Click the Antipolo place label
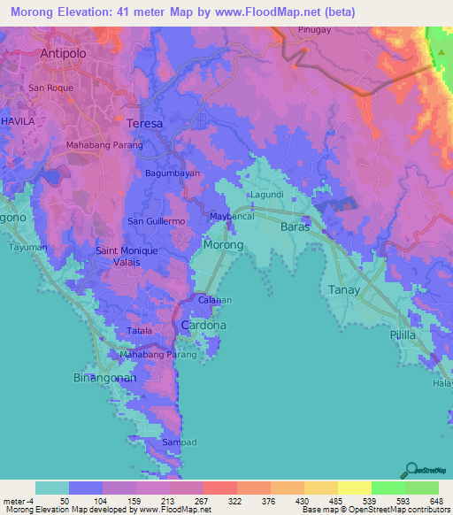65,53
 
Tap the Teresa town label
145,123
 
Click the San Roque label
49,88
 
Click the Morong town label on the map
223,244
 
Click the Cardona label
203,326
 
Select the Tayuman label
27,248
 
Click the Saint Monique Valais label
127,257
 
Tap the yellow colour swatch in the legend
354,488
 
